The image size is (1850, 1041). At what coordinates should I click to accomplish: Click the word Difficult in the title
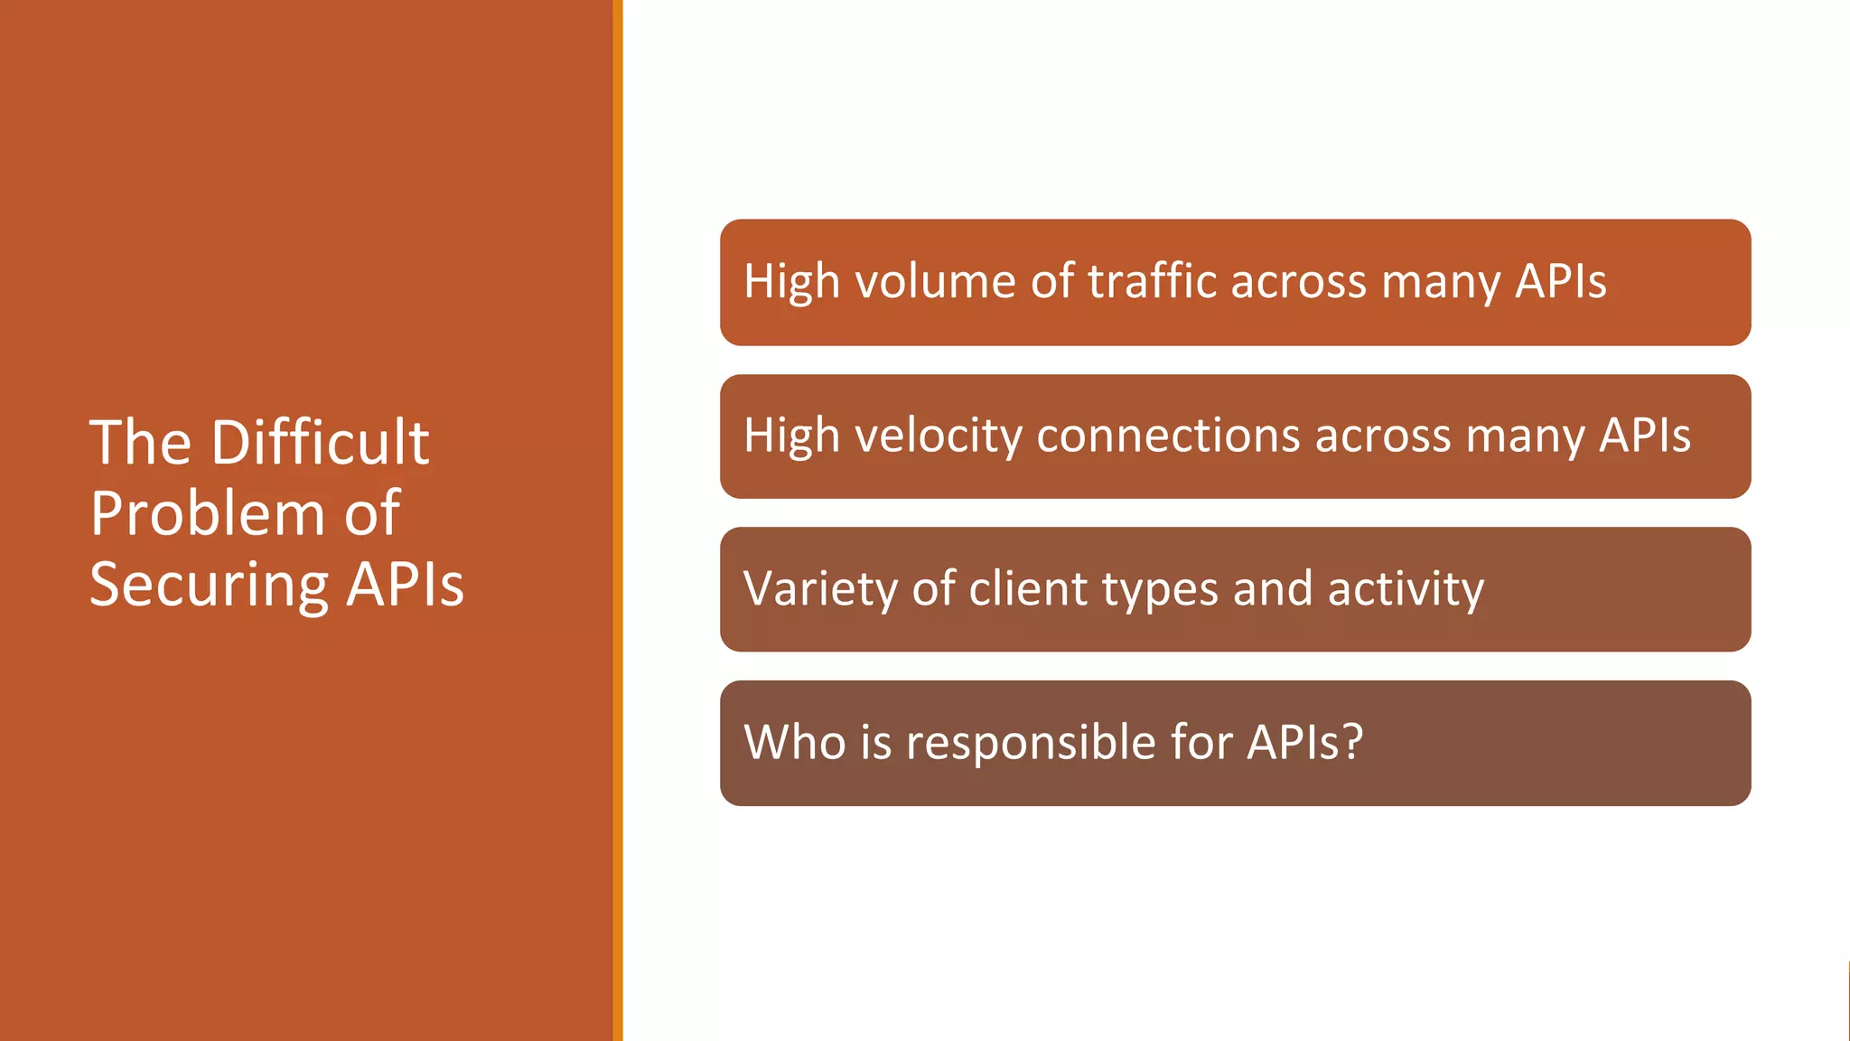point(320,442)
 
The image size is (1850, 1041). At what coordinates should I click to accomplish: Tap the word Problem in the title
point(207,513)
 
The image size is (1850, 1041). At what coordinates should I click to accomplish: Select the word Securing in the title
point(209,585)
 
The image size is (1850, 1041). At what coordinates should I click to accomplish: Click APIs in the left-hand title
point(406,585)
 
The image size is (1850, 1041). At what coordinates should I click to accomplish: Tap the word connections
point(1169,436)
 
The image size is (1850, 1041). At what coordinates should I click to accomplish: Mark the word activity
point(1406,589)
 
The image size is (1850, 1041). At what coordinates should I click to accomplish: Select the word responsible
point(1030,742)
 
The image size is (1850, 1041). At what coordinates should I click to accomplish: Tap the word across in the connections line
point(1383,436)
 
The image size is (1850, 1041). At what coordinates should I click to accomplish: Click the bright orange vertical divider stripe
point(618,520)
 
